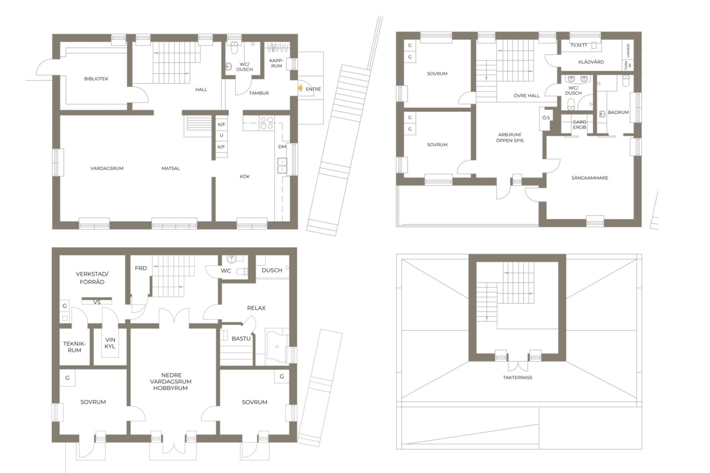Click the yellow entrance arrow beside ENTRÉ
(x=300, y=88)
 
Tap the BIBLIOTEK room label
(x=96, y=79)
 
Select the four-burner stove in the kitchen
(x=267, y=123)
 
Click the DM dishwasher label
(x=282, y=146)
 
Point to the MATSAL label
(x=170, y=168)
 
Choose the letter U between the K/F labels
(x=221, y=135)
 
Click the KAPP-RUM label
(x=276, y=63)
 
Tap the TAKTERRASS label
(x=517, y=377)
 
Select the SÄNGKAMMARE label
(x=590, y=178)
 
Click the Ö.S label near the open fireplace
(x=546, y=118)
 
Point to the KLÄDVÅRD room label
(x=591, y=62)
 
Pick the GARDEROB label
(x=580, y=125)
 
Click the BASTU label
(x=241, y=339)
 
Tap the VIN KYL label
(x=110, y=343)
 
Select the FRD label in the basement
(x=141, y=268)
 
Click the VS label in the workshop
(x=97, y=302)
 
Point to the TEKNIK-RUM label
(x=74, y=347)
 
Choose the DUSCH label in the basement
(x=272, y=270)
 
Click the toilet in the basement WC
(x=242, y=272)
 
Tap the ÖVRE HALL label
(x=526, y=95)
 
